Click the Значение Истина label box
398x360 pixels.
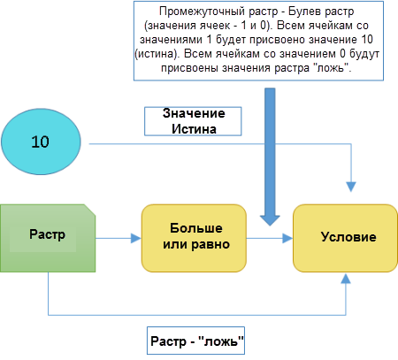point(193,121)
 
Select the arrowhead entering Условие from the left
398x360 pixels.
point(287,237)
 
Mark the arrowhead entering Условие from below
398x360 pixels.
point(348,278)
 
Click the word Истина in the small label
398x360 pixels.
point(193,129)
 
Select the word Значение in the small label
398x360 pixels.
point(193,114)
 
